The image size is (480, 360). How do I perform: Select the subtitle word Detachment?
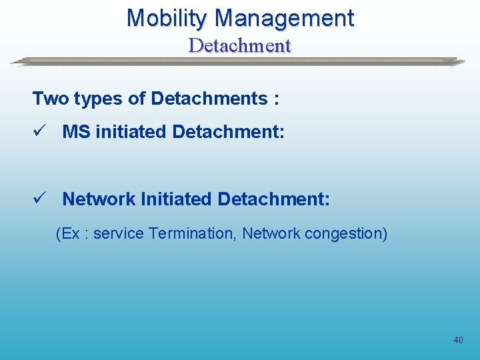pos(240,45)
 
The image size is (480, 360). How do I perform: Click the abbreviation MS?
pos(77,132)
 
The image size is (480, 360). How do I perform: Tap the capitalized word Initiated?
pos(176,199)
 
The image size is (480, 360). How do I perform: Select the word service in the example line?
pos(119,234)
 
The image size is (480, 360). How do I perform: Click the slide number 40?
pos(458,340)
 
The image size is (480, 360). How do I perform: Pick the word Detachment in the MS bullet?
pos(228,132)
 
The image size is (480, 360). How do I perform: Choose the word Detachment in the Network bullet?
pos(273,199)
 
